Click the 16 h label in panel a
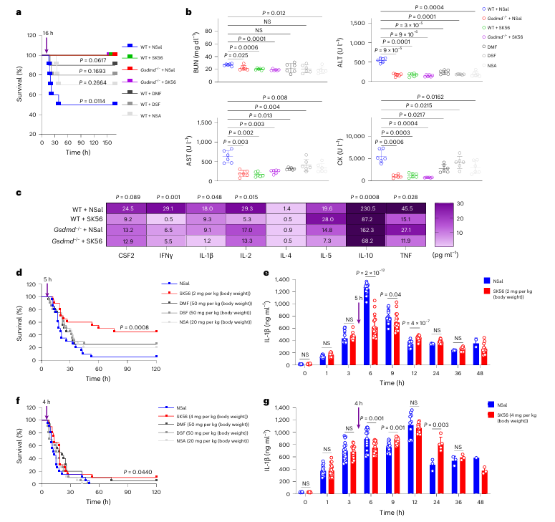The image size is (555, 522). [x=47, y=34]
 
